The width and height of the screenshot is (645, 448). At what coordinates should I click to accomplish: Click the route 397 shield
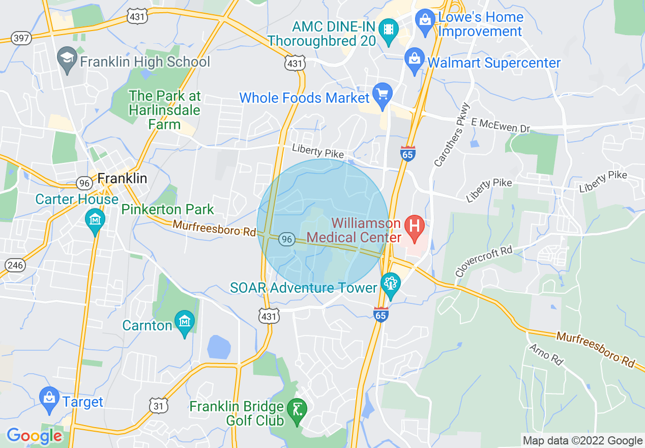(21, 38)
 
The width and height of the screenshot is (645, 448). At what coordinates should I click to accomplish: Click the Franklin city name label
(122, 178)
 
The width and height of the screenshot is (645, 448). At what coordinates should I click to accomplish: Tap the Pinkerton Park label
(167, 209)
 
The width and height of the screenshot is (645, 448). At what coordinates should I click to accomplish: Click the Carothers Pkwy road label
(452, 134)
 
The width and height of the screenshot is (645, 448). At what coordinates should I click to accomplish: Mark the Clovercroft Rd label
(483, 262)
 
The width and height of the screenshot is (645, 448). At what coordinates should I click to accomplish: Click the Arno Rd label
(546, 354)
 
